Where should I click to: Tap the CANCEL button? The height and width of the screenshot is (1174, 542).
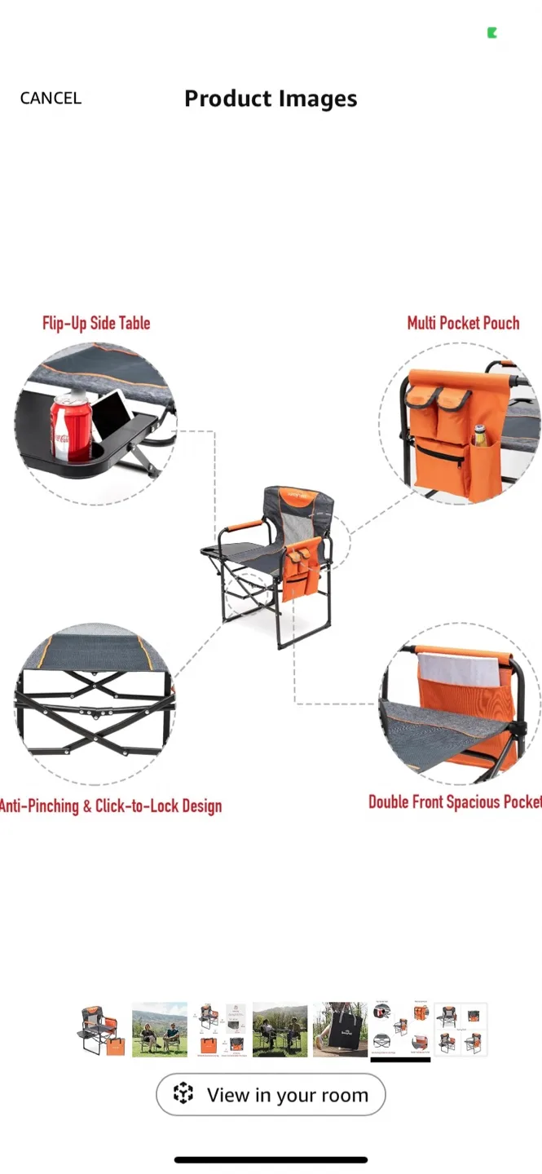coord(51,99)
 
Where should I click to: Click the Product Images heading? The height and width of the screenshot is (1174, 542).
coord(271,99)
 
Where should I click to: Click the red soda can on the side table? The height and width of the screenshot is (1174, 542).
coord(71,426)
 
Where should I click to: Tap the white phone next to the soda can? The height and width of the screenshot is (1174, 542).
coord(112,415)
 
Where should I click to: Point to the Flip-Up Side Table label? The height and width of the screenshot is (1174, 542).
coord(96,323)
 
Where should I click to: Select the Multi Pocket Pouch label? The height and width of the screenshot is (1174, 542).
coord(463,323)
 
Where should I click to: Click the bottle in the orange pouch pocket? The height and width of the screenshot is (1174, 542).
coord(480,436)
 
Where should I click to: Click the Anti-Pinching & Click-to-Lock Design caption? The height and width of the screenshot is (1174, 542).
coord(111,806)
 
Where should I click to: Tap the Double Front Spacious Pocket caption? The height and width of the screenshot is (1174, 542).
coord(455,802)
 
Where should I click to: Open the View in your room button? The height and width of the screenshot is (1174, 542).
coord(271,1094)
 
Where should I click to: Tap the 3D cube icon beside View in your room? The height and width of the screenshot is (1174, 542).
coord(183,1093)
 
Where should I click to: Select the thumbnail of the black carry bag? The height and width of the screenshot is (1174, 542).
coord(340,1030)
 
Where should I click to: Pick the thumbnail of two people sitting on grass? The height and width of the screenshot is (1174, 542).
coord(160,1030)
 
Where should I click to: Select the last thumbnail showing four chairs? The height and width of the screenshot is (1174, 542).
coord(460,1030)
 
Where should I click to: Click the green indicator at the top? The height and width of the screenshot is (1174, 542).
coord(492,33)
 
